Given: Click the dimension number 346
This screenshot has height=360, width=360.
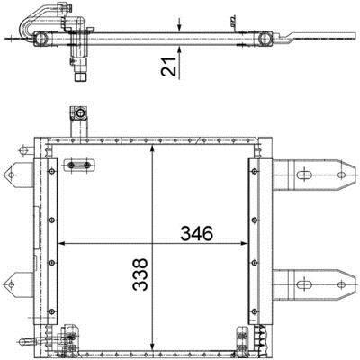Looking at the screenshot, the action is pos(196,234).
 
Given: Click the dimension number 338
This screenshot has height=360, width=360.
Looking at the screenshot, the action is pos(140,274).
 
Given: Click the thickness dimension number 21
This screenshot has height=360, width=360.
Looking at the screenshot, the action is pos(168,67).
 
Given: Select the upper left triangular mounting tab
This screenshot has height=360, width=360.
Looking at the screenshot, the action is pos(18,175).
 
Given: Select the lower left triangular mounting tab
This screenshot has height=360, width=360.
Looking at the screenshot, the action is pos(18,284).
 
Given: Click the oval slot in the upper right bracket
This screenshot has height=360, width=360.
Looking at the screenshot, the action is pos(303,175).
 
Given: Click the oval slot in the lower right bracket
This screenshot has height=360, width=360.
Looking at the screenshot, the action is pos(303,284).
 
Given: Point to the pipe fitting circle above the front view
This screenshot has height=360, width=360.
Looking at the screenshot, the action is pos(80,113).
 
